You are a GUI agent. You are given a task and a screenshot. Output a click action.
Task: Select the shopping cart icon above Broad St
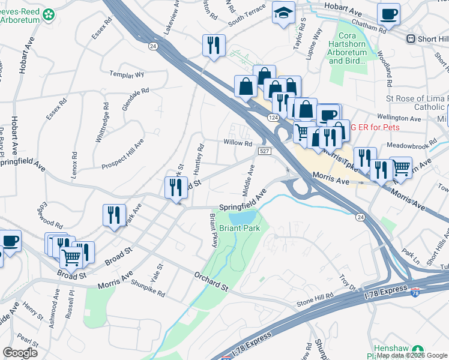pyautogui.click(x=71, y=257)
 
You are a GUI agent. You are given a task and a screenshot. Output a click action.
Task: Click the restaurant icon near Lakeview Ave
pyautogui.click(x=214, y=44)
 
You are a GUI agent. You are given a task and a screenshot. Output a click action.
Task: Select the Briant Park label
pyautogui.click(x=239, y=229)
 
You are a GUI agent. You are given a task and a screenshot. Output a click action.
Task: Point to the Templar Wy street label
pyautogui.click(x=127, y=75)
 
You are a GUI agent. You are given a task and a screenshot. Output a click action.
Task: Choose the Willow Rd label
pyautogui.click(x=238, y=143)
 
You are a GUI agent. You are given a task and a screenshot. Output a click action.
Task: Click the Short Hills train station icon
pyautogui.click(x=411, y=39)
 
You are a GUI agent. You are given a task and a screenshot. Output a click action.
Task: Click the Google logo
pyautogui.click(x=20, y=352)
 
